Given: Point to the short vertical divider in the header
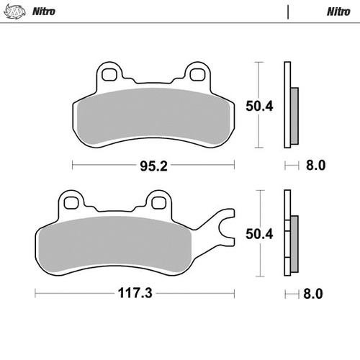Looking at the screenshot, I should click(289, 12).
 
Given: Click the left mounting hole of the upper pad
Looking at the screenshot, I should click(109, 73).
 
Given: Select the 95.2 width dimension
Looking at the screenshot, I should click(154, 165).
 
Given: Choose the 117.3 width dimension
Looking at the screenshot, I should click(136, 294).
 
